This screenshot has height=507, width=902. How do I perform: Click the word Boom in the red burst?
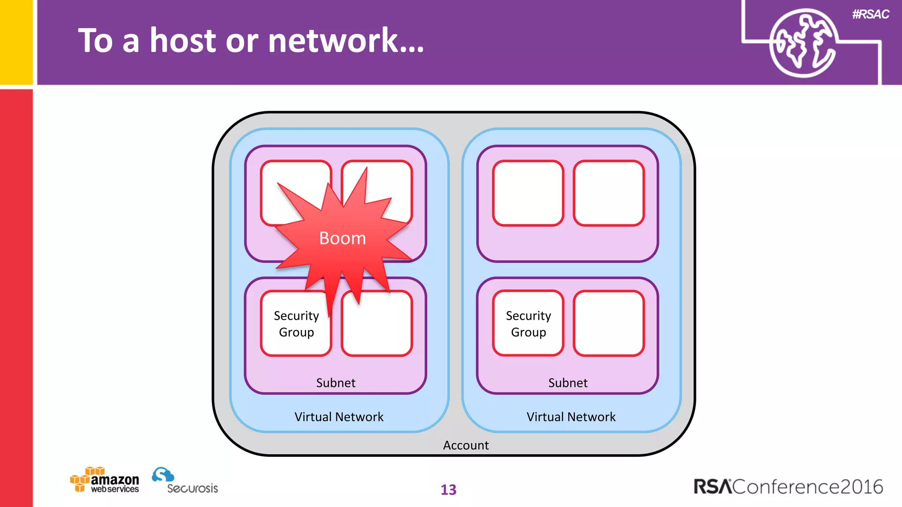click(342, 238)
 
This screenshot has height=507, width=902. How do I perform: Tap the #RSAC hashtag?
click(870, 15)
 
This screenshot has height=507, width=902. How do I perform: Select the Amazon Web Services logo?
click(105, 480)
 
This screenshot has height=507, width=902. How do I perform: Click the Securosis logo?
click(185, 481)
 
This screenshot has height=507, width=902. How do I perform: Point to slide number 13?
click(448, 489)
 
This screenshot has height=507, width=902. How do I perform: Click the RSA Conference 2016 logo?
click(788, 487)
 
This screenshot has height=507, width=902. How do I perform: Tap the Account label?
click(466, 445)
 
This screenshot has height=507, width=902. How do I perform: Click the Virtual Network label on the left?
click(339, 417)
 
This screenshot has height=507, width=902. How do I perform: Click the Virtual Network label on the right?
click(571, 417)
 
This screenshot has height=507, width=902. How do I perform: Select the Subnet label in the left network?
click(336, 383)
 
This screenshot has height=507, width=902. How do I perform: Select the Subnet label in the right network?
click(568, 383)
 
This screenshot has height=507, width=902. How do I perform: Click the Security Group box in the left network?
click(296, 324)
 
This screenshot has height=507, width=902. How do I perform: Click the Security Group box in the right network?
click(528, 324)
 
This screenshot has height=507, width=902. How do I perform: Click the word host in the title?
click(183, 40)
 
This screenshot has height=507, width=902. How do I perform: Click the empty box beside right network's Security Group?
click(609, 323)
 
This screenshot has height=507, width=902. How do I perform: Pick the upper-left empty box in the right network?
click(528, 193)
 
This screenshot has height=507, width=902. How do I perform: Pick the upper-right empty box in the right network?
click(609, 193)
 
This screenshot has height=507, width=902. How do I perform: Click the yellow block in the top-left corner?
click(16, 42)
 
